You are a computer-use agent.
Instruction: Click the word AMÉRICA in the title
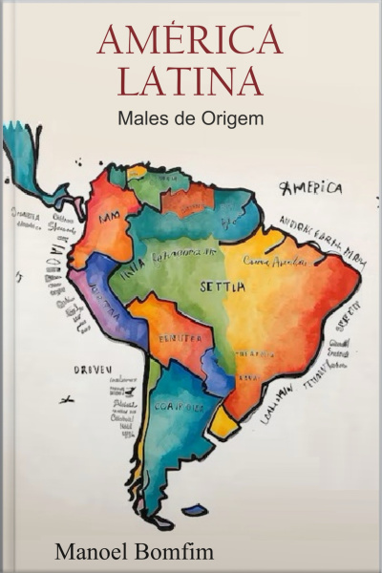[190, 40]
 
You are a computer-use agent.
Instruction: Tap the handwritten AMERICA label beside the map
[310, 187]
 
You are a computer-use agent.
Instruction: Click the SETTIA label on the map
[223, 286]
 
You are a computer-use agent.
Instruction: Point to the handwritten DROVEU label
[93, 368]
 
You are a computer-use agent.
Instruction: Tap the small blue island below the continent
[194, 510]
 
